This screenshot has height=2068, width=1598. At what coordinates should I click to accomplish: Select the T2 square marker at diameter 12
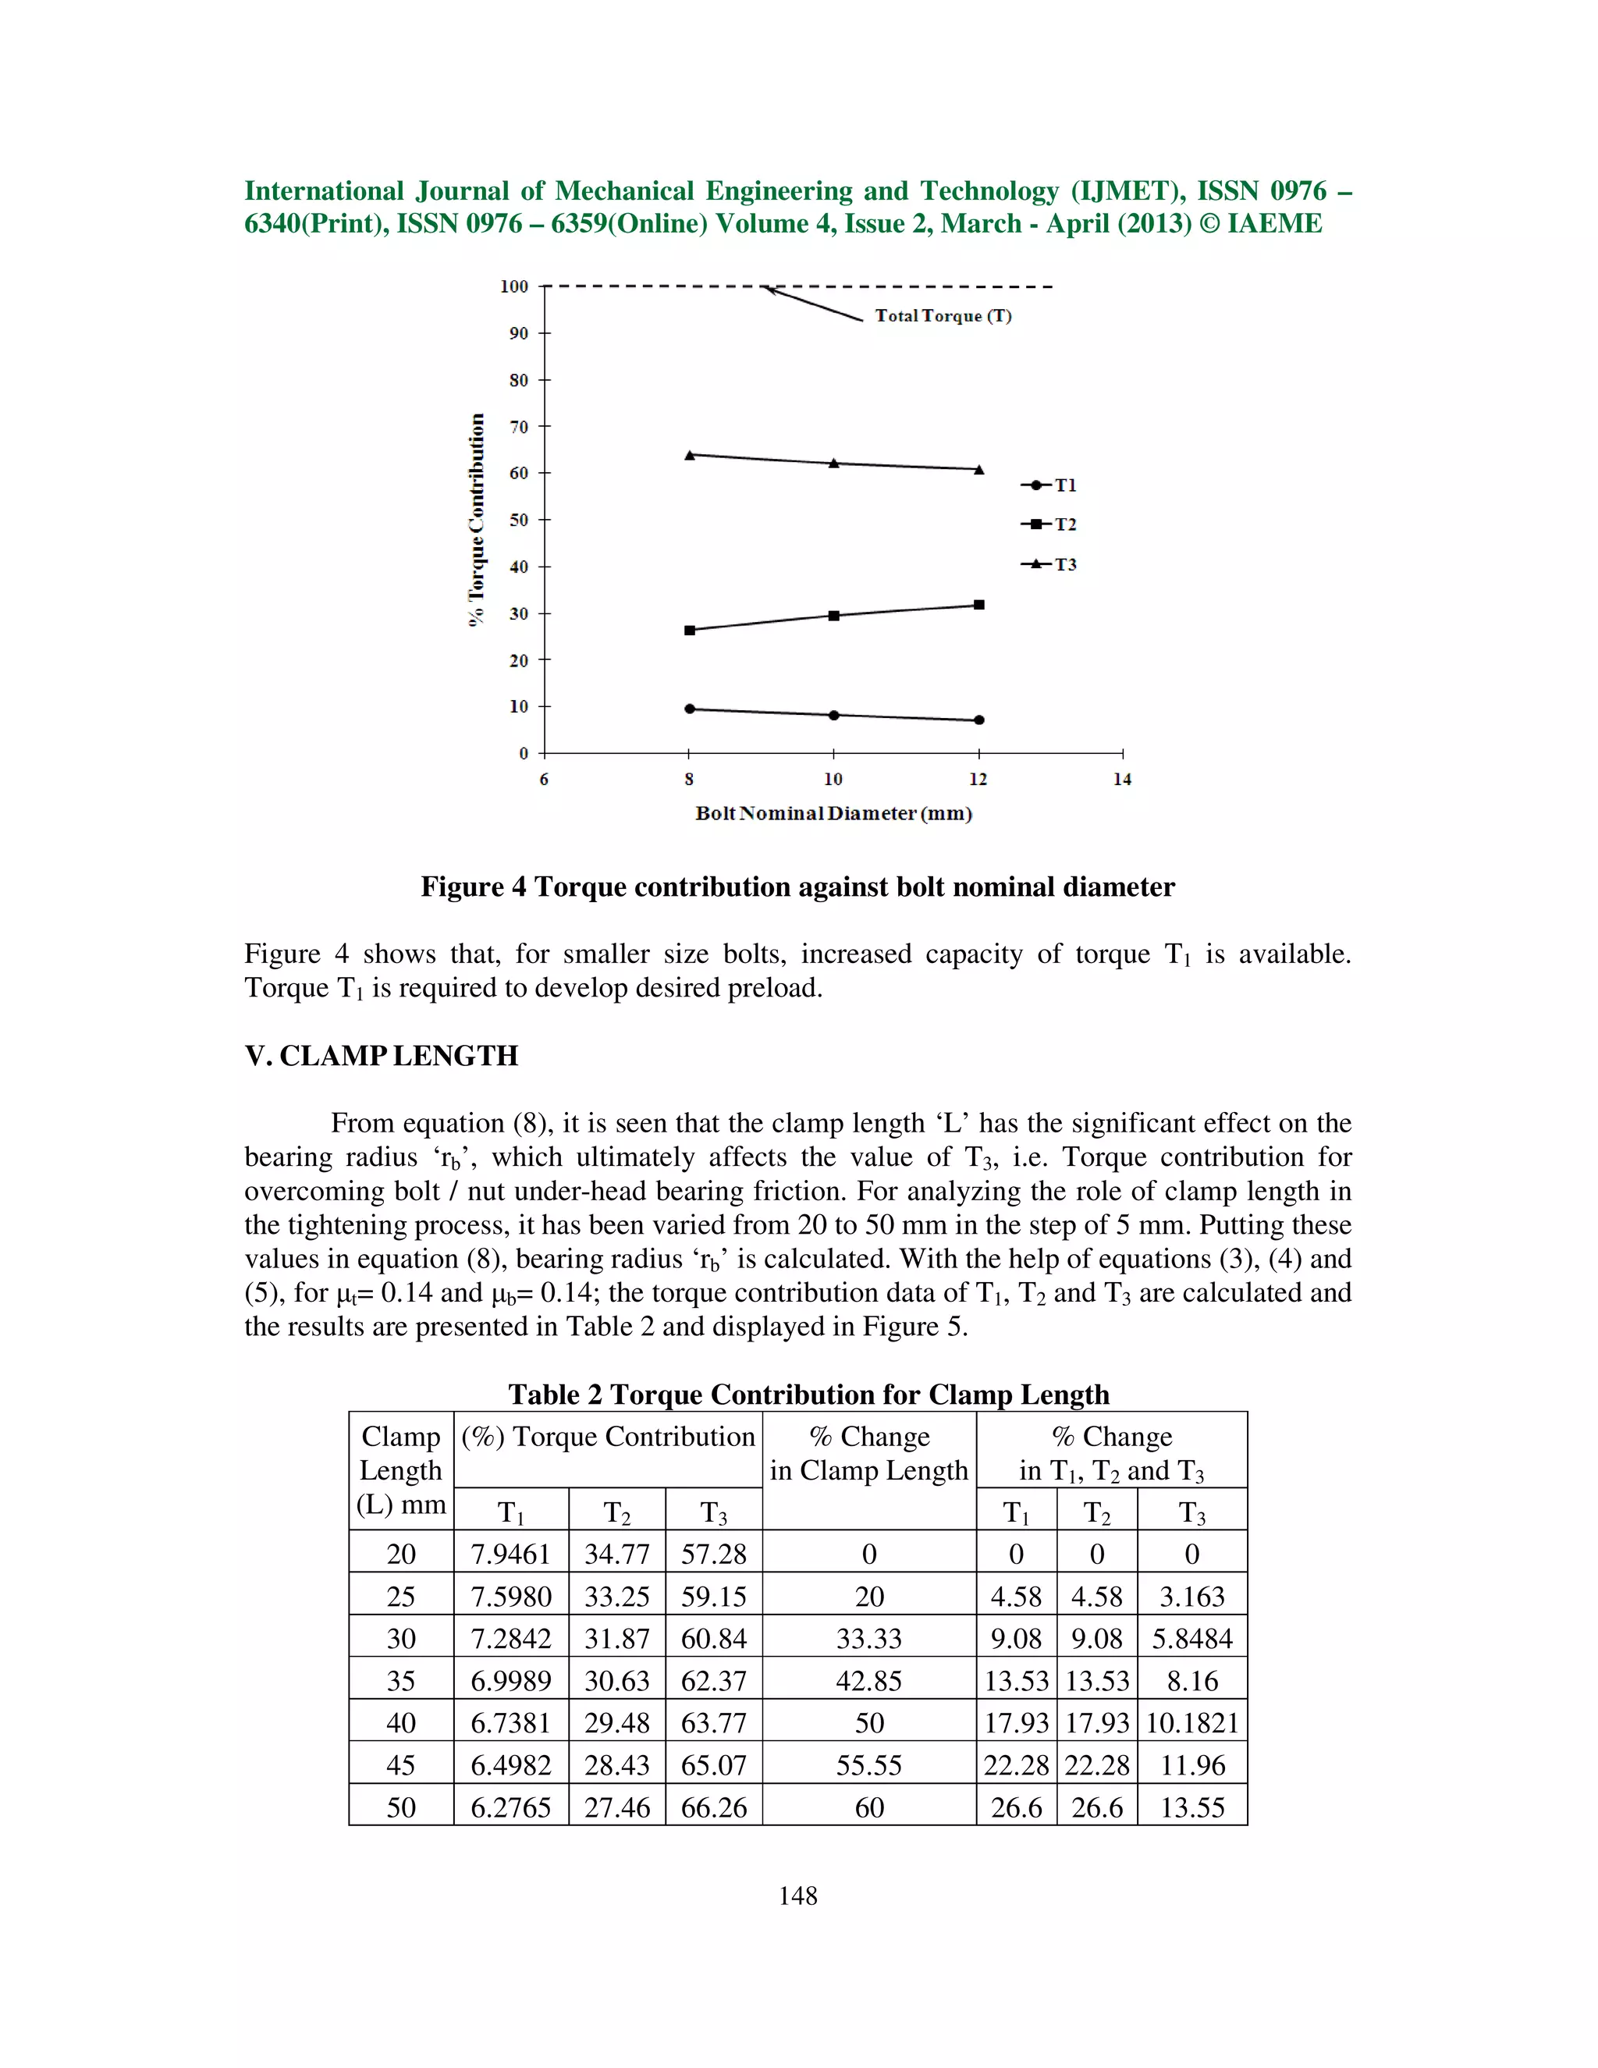click(x=979, y=604)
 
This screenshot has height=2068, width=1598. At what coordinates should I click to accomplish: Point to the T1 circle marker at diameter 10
click(x=834, y=715)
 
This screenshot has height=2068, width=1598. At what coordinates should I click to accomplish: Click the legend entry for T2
click(x=1049, y=524)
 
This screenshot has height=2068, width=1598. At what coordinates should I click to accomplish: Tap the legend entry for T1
click(x=1049, y=485)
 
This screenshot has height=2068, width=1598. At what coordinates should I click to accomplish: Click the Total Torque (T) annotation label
click(x=943, y=316)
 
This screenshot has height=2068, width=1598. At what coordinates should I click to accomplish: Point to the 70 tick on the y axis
click(x=519, y=427)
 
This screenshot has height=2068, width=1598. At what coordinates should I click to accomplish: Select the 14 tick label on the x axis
click(x=1122, y=780)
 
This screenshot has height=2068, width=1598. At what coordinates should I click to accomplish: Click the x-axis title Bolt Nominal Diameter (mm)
click(x=833, y=813)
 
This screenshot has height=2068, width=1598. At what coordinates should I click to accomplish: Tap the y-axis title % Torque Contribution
click(x=476, y=520)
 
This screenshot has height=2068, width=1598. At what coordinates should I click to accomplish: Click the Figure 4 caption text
click(x=797, y=887)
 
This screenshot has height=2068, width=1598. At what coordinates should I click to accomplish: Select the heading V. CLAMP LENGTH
click(x=381, y=1056)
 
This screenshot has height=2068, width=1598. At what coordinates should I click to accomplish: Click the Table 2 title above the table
click(x=808, y=1394)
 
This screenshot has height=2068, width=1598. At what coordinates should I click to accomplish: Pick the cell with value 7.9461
click(x=510, y=1554)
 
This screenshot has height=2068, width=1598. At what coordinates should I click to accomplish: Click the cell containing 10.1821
click(x=1192, y=1722)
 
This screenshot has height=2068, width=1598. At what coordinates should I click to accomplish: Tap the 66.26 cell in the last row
click(x=714, y=1807)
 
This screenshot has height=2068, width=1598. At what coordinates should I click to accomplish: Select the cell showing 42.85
click(x=869, y=1681)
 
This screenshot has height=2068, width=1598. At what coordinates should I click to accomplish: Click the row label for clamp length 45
click(x=400, y=1765)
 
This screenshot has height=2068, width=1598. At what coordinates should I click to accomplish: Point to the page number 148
click(x=797, y=1896)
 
